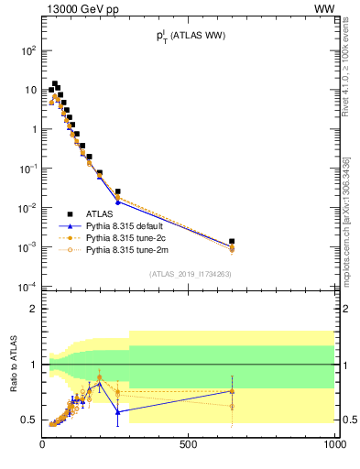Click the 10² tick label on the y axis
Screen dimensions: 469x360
point(28,51)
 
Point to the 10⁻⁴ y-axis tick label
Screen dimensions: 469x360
point(28,288)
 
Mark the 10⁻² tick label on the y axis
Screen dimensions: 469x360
point(28,209)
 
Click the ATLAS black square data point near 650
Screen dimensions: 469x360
point(232,242)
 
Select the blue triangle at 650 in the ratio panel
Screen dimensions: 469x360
point(232,391)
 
